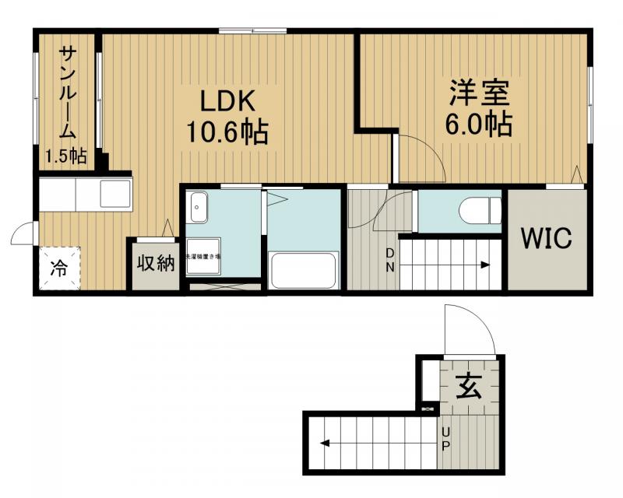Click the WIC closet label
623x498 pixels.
pos(547,238)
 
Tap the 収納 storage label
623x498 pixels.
pos(156,264)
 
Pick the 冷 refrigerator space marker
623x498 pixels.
pos(59,268)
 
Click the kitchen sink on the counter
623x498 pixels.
pos(115,194)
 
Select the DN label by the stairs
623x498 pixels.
pos(390,259)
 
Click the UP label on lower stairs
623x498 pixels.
pos(446,440)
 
